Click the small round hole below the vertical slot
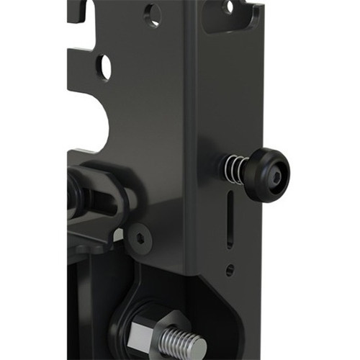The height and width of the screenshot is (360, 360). click(230, 271)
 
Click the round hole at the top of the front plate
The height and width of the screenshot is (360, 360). click(153, 14)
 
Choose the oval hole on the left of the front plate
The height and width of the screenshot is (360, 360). click(104, 67)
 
